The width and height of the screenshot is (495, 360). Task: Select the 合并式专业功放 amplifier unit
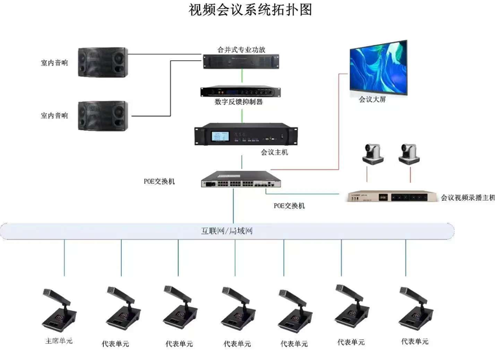pos(240,60)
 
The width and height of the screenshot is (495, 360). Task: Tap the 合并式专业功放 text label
pos(240,49)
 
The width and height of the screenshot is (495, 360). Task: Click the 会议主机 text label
pos(274,152)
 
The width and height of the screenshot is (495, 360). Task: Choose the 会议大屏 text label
pos(372,101)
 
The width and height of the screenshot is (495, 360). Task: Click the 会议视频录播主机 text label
pos(467,197)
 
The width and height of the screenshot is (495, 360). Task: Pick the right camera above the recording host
pos(409,153)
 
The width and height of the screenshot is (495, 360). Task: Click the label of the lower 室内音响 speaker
pos(54,115)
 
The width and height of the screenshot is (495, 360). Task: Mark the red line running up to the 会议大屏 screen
pos(338,123)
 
